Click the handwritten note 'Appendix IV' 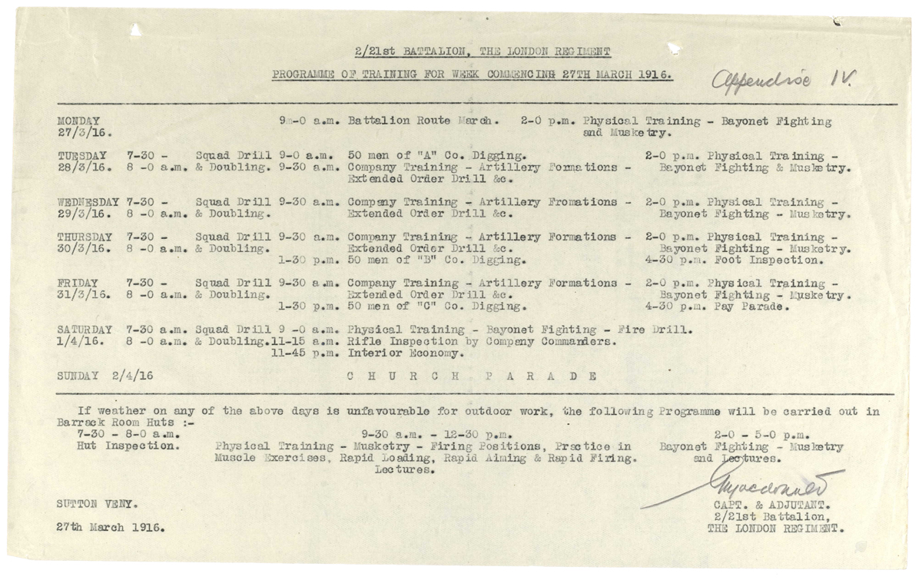783,78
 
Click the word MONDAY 78,121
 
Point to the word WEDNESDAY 88,202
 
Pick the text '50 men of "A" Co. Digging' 436,156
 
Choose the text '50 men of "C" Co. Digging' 436,307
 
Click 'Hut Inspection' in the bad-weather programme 128,446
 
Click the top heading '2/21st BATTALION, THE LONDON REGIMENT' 483,52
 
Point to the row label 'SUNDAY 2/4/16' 106,376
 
